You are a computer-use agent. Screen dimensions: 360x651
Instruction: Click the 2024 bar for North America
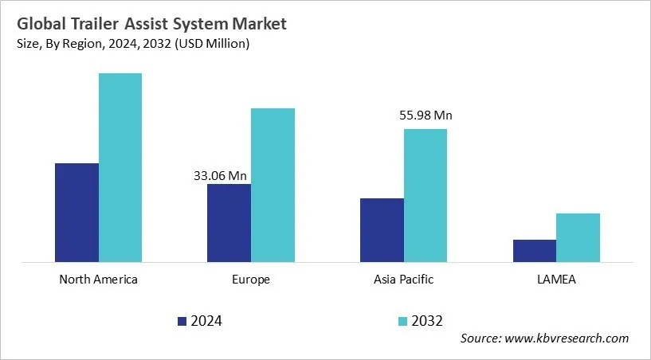tap(76, 212)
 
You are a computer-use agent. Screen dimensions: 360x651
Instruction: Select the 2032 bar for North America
tap(120, 167)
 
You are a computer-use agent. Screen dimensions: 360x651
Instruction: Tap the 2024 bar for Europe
tap(229, 222)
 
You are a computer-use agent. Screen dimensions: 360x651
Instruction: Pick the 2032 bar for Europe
tap(273, 185)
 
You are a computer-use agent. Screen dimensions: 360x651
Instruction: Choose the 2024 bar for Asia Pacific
tap(382, 229)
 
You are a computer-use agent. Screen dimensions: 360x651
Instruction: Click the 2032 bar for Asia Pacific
tap(426, 195)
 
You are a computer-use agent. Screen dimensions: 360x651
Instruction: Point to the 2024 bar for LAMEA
tap(534, 250)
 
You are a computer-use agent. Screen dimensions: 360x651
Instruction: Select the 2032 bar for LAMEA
tap(578, 237)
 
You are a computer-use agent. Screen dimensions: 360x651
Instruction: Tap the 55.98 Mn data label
tap(426, 116)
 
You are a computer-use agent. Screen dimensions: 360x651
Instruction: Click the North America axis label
tap(99, 280)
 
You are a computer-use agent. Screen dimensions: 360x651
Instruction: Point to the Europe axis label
tap(251, 280)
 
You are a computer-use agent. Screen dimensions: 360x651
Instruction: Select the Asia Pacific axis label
tap(403, 280)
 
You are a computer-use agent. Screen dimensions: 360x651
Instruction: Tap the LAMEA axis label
tap(556, 280)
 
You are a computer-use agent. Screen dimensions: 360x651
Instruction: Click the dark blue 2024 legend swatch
tap(182, 321)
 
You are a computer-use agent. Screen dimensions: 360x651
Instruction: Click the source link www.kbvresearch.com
tap(566, 338)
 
